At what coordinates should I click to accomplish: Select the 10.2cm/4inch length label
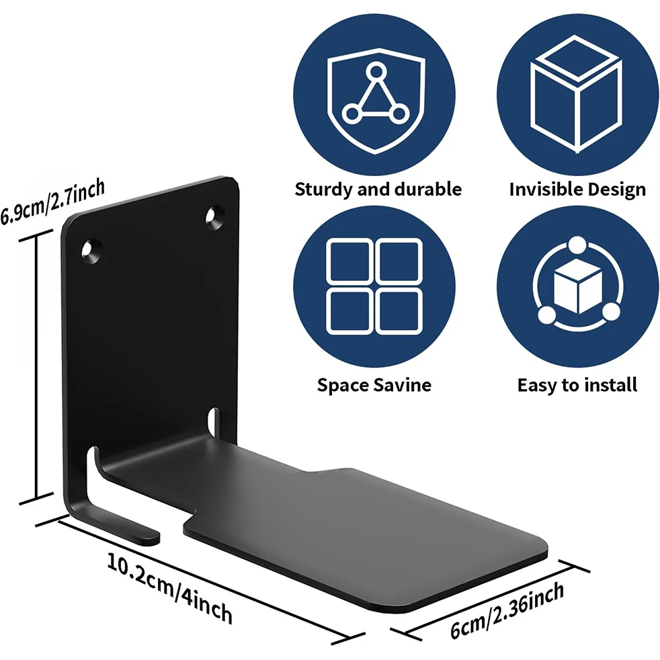170,587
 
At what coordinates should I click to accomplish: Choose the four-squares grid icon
374,286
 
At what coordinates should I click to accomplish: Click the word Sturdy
324,189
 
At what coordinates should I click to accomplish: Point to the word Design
615,190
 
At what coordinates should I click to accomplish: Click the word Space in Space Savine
342,386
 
